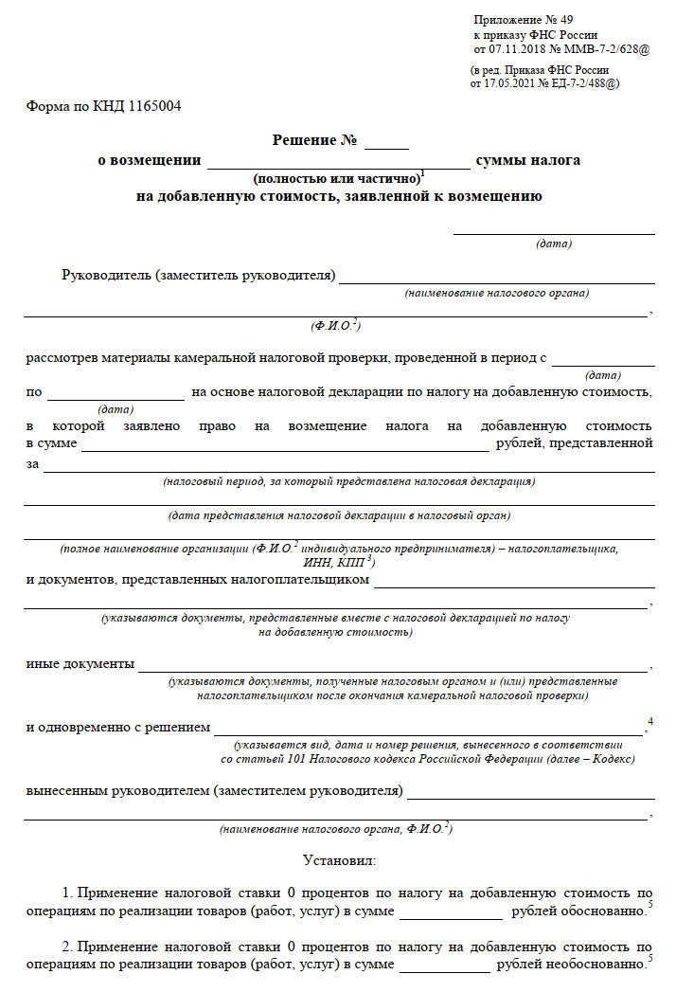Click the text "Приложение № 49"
point(523,19)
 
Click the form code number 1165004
point(151,106)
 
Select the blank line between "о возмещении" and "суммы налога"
point(338,162)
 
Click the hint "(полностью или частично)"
point(336,178)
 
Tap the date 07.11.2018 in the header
point(517,47)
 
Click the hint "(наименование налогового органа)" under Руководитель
point(497,293)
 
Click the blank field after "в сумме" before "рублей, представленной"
point(284,444)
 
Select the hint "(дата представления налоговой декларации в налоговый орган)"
point(339,515)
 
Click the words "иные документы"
point(80,663)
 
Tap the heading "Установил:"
point(339,860)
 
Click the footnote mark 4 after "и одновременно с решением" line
point(650,722)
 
